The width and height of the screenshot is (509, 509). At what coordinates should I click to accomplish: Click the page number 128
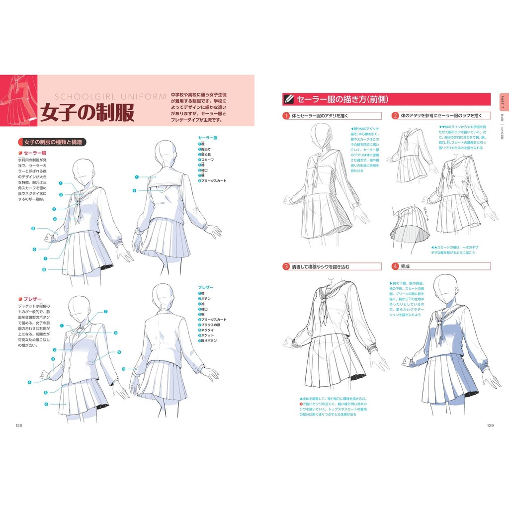[x=18, y=425]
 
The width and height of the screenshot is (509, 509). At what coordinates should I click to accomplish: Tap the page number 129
[x=490, y=425]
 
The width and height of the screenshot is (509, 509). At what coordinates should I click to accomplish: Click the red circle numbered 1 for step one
[x=286, y=116]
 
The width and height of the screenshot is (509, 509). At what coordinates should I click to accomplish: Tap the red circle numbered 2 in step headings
[x=395, y=116]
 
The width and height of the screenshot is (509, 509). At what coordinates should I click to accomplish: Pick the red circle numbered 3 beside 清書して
[x=286, y=266]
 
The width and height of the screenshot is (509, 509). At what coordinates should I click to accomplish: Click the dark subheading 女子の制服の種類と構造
[x=52, y=142]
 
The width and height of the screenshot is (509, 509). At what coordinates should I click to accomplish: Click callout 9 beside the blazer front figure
[x=119, y=352]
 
